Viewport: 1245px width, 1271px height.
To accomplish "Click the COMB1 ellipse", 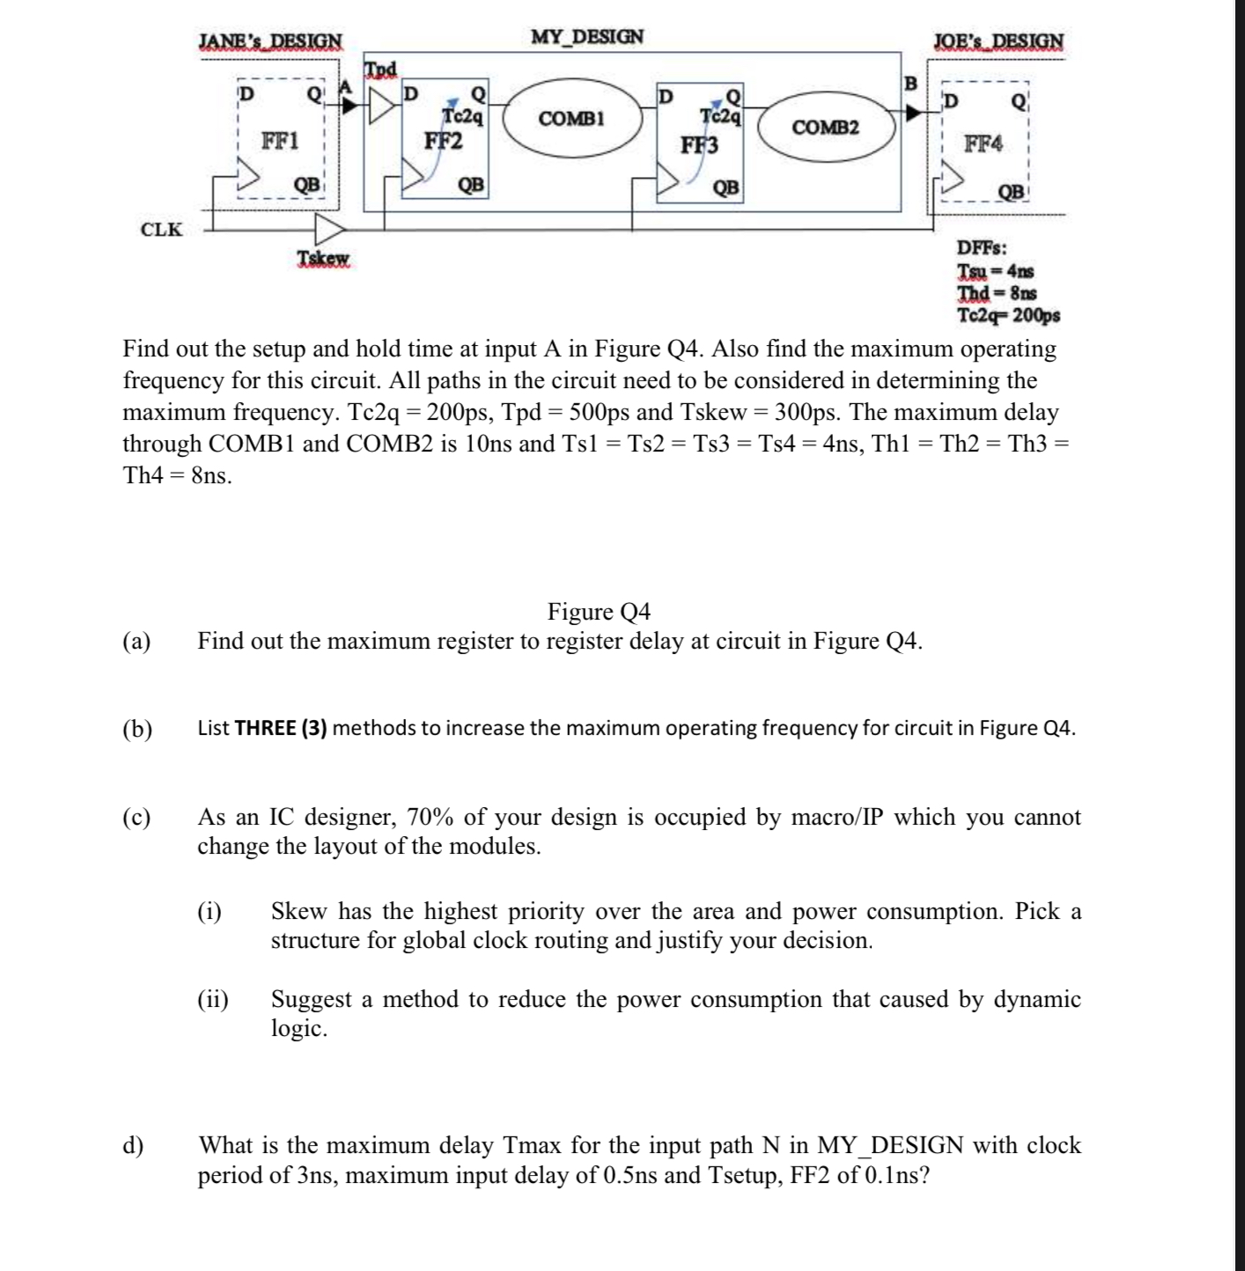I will (571, 118).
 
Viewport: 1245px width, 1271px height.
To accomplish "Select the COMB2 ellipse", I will (825, 129).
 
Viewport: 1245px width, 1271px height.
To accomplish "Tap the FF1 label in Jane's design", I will (281, 141).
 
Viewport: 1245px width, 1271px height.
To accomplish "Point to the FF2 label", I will (444, 141).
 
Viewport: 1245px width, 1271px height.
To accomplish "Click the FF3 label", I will (699, 144).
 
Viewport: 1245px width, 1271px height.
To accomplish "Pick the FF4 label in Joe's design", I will (983, 143).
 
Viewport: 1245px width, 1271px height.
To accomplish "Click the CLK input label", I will (161, 230).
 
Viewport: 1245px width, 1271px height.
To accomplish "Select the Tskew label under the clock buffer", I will (323, 258).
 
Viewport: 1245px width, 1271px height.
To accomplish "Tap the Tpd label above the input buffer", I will (381, 69).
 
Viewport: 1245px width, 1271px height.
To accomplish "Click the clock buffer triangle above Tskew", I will (330, 231).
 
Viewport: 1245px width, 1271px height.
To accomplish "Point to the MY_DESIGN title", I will (587, 37).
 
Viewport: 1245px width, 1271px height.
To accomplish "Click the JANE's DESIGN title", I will (270, 40).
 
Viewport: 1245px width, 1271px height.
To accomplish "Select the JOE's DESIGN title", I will (998, 40).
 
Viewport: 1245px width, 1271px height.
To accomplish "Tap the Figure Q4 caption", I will (599, 611).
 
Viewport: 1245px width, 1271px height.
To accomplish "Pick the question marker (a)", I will (136, 641).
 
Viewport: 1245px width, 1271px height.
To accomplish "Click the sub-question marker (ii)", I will (212, 1000).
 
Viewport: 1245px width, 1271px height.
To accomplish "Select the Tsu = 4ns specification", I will (996, 271).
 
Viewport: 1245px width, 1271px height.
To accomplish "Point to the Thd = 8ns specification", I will (997, 292).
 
